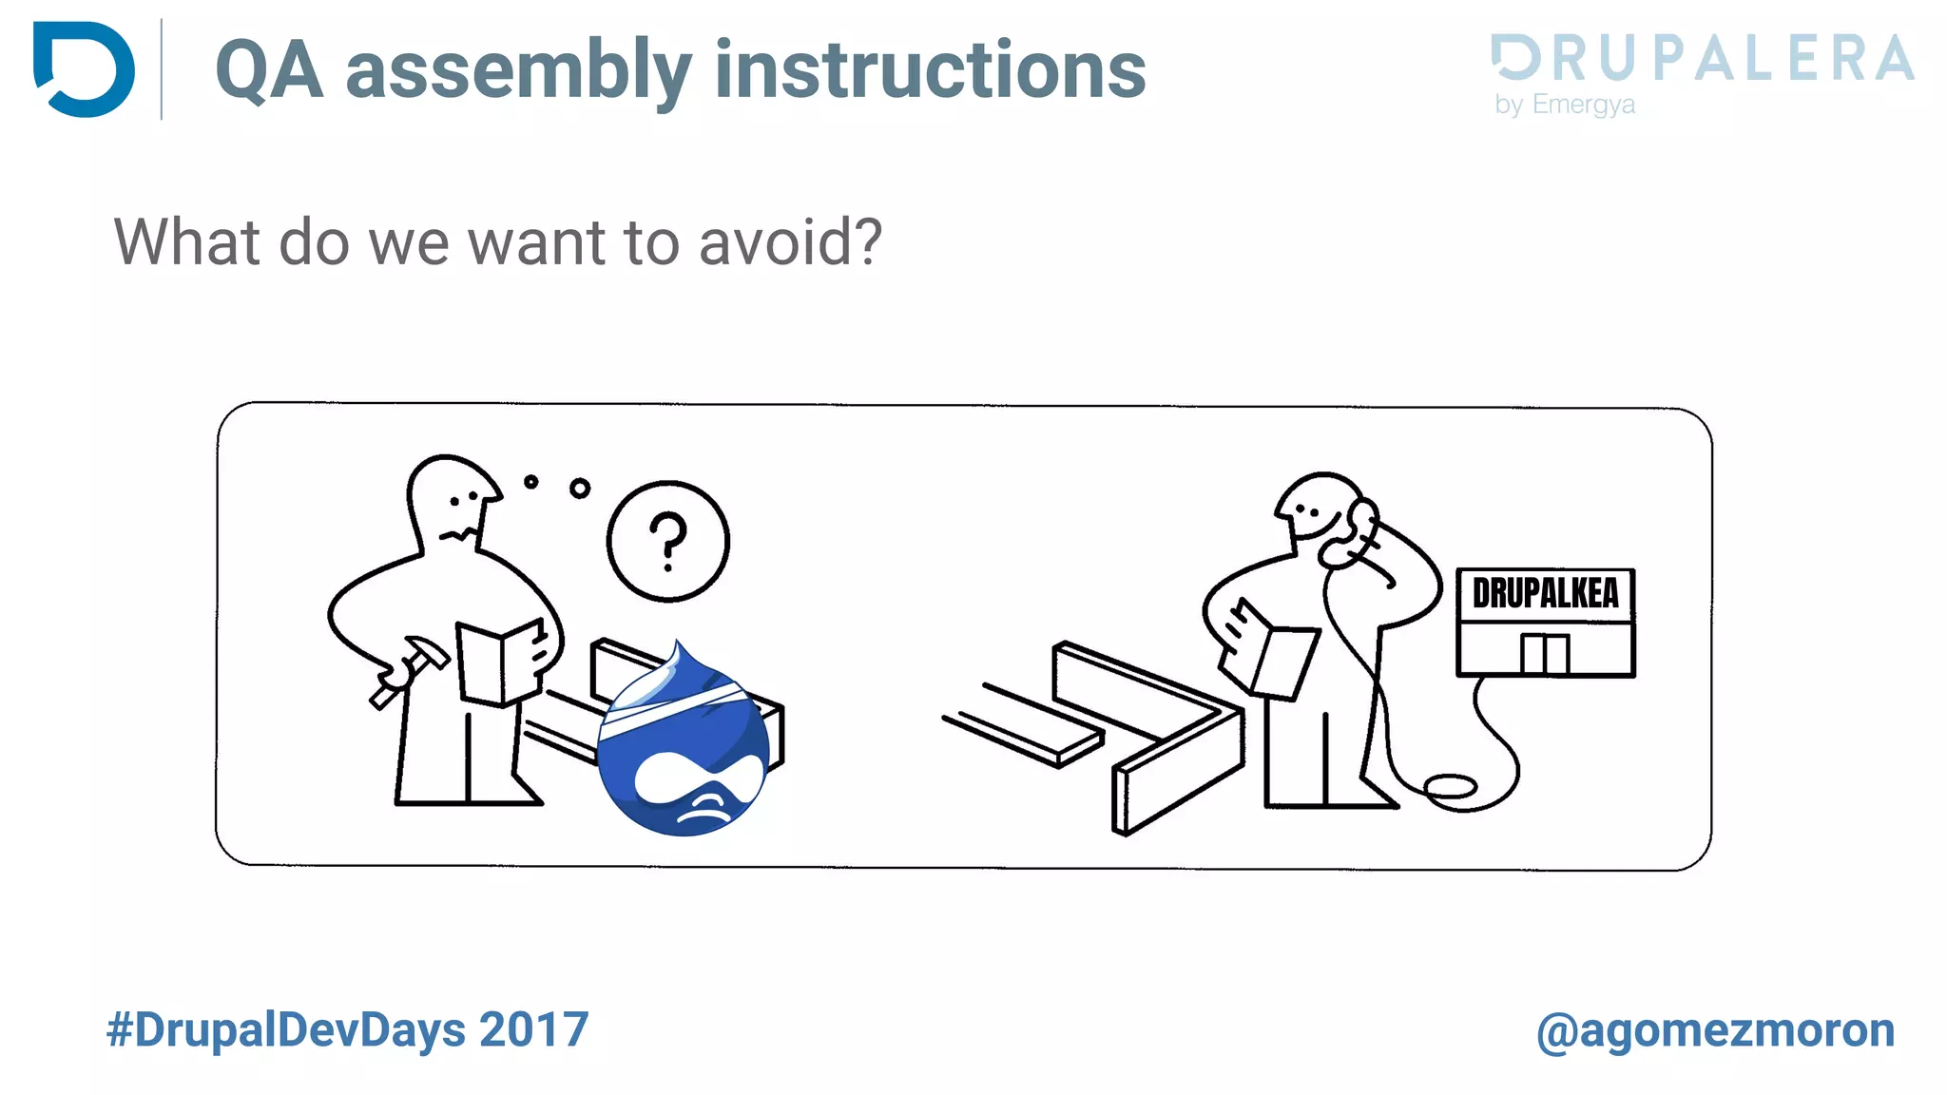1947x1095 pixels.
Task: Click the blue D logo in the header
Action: (x=84, y=69)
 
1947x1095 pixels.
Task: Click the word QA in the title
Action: (x=269, y=70)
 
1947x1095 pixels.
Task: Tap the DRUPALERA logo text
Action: (x=1702, y=59)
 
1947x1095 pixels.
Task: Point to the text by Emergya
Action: (x=1564, y=104)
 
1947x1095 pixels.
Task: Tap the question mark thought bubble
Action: (x=668, y=541)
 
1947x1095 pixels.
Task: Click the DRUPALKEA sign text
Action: (x=1545, y=594)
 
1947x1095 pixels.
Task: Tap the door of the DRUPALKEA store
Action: (x=1544, y=653)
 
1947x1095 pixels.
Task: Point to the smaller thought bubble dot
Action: (x=530, y=482)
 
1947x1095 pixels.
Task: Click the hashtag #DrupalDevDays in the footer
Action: (x=286, y=1030)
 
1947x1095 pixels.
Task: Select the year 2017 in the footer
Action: (x=533, y=1030)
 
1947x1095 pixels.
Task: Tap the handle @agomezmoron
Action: (x=1715, y=1030)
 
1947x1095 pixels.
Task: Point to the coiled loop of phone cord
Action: (x=1449, y=787)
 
